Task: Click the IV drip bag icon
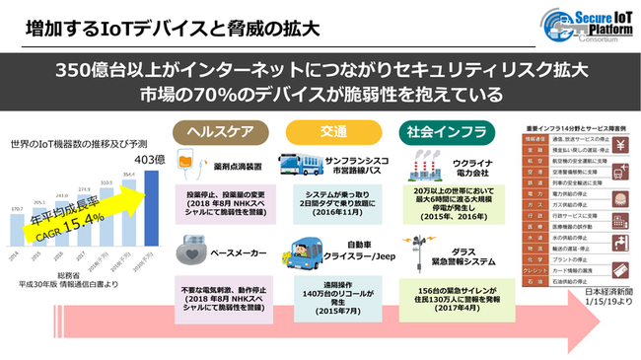coord(190,161)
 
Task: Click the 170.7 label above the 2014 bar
coord(18,208)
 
